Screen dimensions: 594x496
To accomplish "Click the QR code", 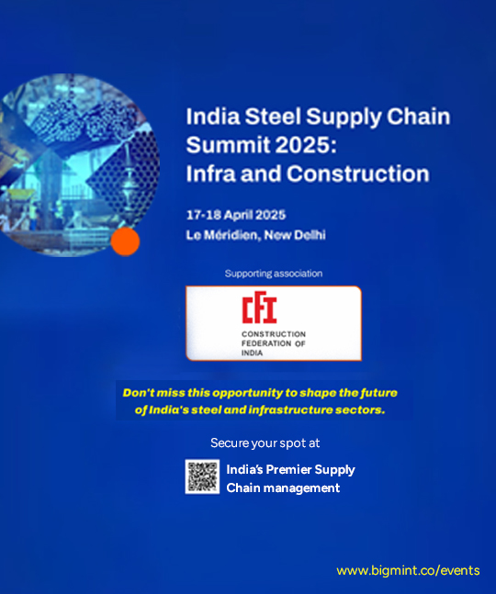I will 202,476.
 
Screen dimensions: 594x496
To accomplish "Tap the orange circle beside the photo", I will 124,241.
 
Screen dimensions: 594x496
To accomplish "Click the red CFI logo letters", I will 259,309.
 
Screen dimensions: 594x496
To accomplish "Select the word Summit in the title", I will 223,145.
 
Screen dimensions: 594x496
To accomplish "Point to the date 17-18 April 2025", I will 236,215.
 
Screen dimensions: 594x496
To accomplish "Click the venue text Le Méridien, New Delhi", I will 255,235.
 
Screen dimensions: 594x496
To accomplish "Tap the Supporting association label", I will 274,274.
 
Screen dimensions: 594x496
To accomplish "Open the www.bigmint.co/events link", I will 408,570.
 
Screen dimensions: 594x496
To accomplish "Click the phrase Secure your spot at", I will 265,443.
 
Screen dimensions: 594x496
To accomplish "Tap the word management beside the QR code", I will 302,488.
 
